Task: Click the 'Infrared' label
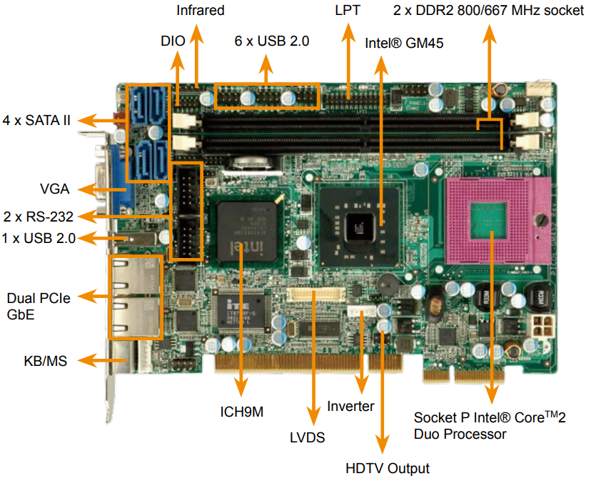201,10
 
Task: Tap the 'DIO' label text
173,41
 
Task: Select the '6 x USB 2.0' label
272,41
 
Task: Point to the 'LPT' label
348,10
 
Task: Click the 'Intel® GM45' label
404,43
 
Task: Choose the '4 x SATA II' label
36,121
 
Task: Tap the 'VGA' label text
55,189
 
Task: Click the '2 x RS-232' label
39,217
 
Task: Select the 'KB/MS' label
45,361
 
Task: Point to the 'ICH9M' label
241,412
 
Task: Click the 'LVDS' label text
307,437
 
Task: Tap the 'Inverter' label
350,406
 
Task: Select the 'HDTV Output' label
388,469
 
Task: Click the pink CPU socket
497,221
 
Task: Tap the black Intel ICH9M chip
247,231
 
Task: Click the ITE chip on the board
240,312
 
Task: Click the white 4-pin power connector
543,326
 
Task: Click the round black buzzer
388,284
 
